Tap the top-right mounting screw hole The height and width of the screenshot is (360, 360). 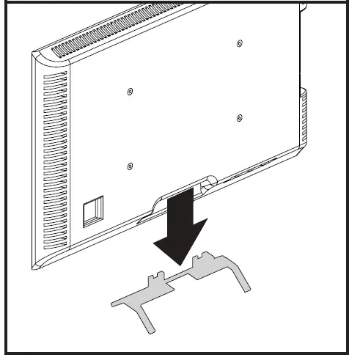pos(240,44)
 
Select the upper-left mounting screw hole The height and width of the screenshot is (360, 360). pos(130,92)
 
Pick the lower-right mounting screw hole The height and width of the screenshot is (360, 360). pos(240,117)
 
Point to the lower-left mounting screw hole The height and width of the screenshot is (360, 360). pos(130,165)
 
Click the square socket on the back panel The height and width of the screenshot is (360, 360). pos(92,210)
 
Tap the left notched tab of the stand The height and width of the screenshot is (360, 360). pos(153,282)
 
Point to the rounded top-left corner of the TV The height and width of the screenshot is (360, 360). pos(37,55)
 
